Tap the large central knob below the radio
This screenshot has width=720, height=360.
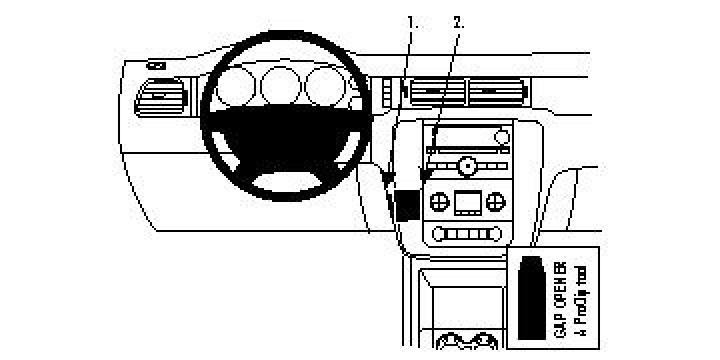pyautogui.click(x=465, y=165)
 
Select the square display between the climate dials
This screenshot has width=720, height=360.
pyautogui.click(x=466, y=204)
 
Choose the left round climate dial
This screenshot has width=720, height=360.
pyautogui.click(x=437, y=203)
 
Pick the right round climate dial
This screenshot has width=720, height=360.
pyautogui.click(x=495, y=203)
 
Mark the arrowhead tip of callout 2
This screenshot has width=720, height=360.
pyautogui.click(x=423, y=180)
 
